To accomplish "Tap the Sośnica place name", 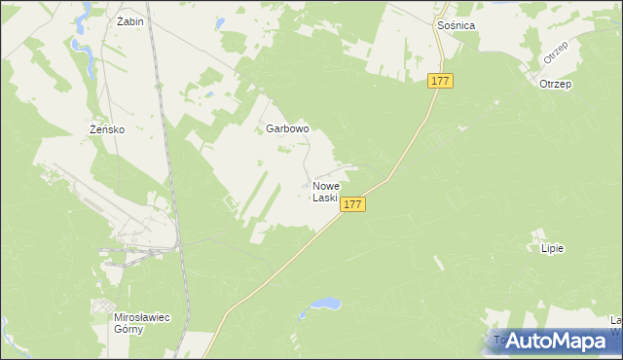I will pyautogui.click(x=456, y=25).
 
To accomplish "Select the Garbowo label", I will pyautogui.click(x=287, y=128).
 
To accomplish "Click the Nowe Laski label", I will pyautogui.click(x=326, y=192).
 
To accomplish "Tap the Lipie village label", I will pyautogui.click(x=552, y=248).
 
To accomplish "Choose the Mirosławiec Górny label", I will pyautogui.click(x=128, y=323).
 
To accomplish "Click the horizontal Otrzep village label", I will pyautogui.click(x=555, y=85).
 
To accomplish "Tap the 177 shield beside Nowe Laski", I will pyautogui.click(x=353, y=204).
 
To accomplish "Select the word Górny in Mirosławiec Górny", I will pyautogui.click(x=128, y=329).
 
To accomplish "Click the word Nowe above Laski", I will pyautogui.click(x=327, y=186).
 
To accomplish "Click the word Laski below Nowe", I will pyautogui.click(x=325, y=198).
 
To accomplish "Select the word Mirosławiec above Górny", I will pyautogui.click(x=128, y=317).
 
